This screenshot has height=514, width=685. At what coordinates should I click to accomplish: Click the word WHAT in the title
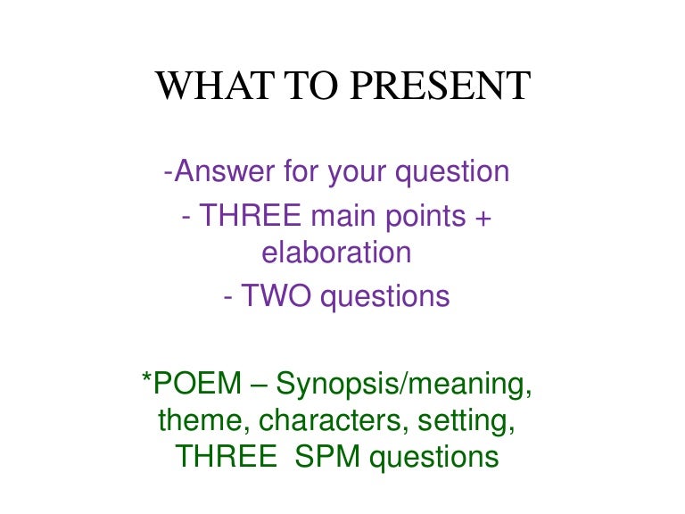214,86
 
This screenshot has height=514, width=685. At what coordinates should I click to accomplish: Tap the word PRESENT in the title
441,86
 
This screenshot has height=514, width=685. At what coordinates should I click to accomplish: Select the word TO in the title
311,86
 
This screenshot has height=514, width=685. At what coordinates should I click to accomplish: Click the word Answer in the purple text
225,171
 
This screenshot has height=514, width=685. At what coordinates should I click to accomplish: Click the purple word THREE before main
251,215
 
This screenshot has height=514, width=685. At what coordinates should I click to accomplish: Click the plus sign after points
483,218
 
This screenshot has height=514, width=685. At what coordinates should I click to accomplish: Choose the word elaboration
336,253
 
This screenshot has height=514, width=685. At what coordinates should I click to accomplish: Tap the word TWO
276,296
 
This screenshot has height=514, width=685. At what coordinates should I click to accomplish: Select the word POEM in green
197,383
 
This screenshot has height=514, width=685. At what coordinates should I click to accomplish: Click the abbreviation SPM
327,457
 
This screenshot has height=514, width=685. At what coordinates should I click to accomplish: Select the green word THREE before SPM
226,457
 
